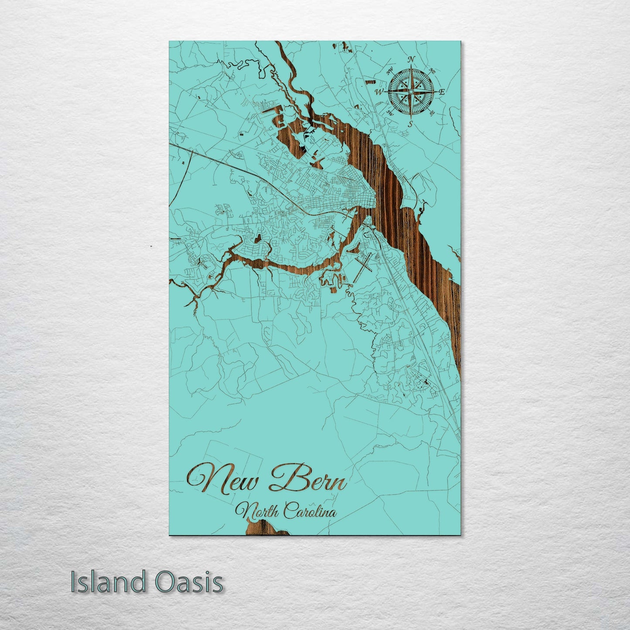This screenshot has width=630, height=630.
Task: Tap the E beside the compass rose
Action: (442, 92)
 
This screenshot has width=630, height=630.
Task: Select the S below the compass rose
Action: (410, 123)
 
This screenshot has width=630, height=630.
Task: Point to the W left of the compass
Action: (380, 92)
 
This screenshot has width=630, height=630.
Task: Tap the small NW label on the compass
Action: (389, 69)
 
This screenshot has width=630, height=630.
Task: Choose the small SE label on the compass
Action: (432, 113)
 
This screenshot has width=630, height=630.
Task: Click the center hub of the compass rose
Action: (410, 92)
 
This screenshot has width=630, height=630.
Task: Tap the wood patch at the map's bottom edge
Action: (266, 528)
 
